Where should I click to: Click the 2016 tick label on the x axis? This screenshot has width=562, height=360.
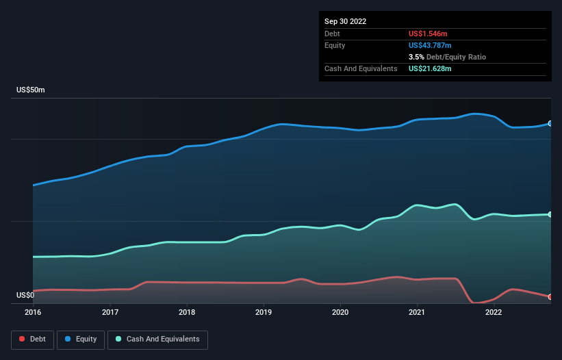(33, 313)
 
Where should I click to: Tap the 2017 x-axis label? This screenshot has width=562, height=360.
(110, 313)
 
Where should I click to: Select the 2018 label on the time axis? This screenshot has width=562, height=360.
(186, 313)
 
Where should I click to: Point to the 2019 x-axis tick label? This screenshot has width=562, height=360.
(263, 313)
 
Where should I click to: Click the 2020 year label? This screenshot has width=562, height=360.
(340, 313)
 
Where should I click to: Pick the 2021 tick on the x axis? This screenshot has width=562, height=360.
(416, 313)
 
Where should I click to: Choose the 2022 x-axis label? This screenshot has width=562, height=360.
(493, 313)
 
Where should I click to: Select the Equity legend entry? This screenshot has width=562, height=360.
(81, 339)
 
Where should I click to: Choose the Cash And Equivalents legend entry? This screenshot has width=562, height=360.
(157, 339)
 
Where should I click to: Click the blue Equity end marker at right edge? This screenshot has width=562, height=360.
(550, 124)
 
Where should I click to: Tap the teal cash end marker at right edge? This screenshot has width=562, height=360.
(550, 214)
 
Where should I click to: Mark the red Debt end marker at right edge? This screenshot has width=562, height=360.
(550, 297)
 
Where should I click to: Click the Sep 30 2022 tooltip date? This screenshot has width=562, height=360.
(345, 21)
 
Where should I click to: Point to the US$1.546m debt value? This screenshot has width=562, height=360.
(428, 34)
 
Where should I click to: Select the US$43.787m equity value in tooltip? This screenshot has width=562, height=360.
(430, 45)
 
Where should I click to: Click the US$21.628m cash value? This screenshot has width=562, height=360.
(430, 68)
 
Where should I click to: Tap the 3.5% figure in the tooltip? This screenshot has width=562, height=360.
(416, 57)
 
